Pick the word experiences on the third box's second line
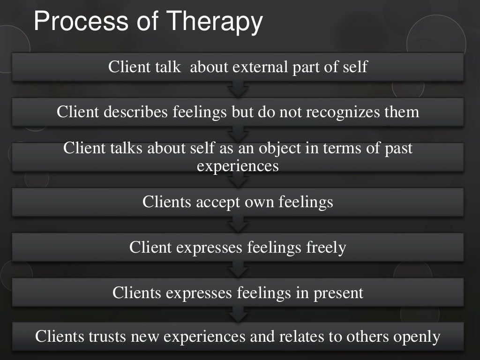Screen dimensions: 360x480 (238, 165)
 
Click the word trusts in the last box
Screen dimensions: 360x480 (103, 337)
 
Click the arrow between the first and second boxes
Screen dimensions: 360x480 (238, 89)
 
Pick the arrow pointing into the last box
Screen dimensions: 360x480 (238, 315)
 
